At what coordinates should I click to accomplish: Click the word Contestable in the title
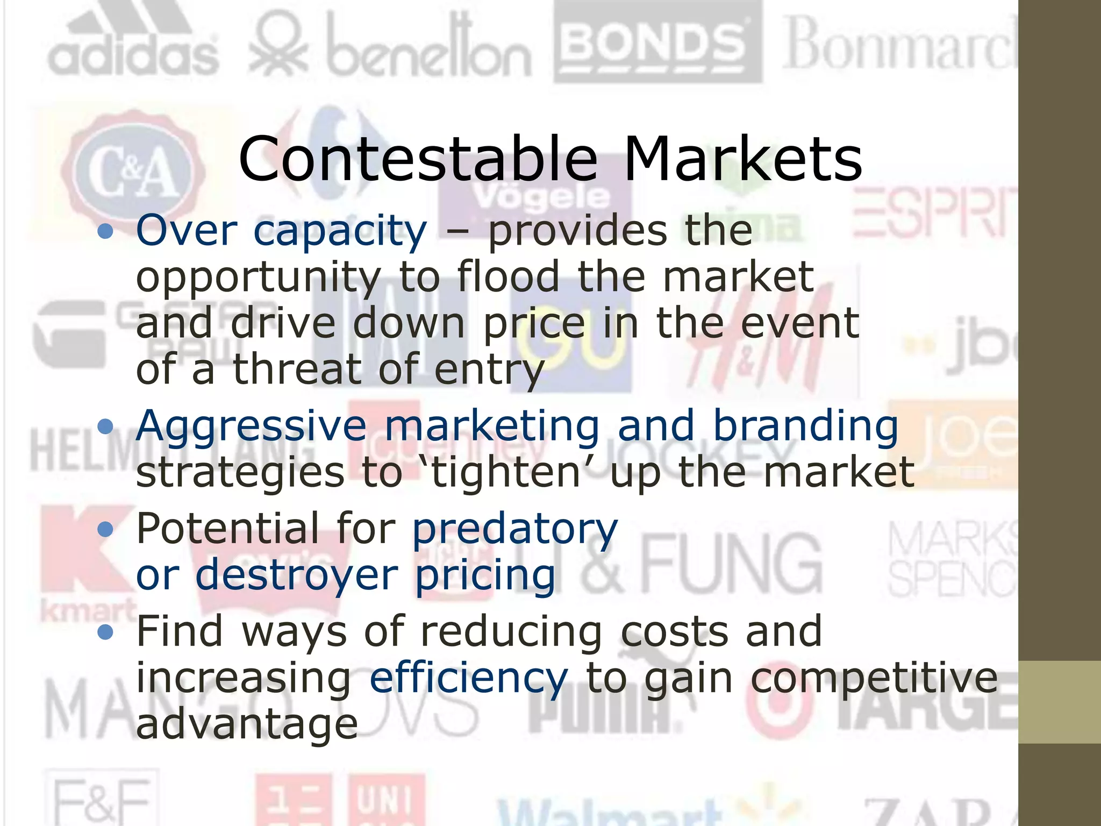(x=418, y=159)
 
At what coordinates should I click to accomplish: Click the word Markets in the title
(x=743, y=159)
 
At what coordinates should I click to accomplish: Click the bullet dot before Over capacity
(x=106, y=232)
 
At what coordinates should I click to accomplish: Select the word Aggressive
(x=251, y=426)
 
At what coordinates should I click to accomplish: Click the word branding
(x=805, y=426)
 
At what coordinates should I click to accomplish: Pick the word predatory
(x=514, y=529)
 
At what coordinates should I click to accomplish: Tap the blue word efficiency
(x=468, y=679)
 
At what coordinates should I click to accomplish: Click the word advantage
(x=247, y=724)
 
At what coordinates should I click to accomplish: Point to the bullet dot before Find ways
(x=106, y=632)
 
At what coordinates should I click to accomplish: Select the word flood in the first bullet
(x=508, y=277)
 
